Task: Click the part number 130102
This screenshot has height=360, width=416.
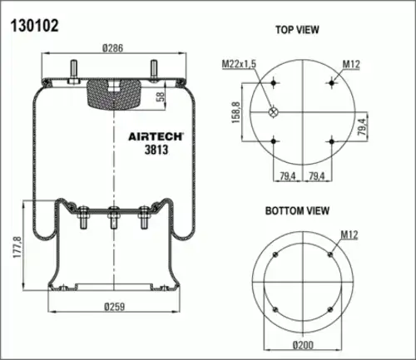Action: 35,26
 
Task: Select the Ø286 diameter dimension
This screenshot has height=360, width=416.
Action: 112,48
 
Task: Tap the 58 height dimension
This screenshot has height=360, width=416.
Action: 161,96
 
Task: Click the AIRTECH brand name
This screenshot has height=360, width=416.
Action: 156,136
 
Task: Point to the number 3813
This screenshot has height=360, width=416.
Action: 156,150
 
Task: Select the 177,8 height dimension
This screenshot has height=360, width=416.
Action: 17,247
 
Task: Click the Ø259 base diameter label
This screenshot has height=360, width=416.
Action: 114,307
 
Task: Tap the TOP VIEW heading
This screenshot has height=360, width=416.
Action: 297,30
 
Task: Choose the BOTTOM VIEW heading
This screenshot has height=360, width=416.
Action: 297,210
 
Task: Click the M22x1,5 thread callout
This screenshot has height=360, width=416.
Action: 239,64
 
